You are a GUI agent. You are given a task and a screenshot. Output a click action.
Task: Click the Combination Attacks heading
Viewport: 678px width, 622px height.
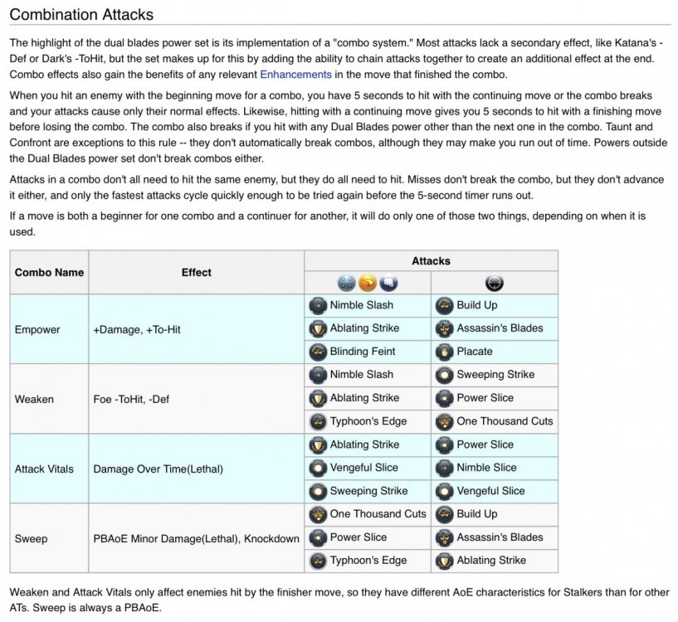(x=81, y=15)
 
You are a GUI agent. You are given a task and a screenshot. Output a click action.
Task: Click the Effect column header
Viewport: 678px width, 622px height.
(x=197, y=272)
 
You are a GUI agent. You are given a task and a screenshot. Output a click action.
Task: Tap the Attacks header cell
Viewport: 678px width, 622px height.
(x=431, y=260)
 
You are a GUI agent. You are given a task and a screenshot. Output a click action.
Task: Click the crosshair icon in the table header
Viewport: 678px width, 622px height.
(x=494, y=283)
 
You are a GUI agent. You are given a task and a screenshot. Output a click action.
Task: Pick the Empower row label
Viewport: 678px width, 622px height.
(x=37, y=329)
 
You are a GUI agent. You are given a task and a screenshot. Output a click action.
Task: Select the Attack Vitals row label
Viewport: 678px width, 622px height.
(x=44, y=469)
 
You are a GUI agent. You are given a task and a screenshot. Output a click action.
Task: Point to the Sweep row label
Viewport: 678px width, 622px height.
(x=31, y=538)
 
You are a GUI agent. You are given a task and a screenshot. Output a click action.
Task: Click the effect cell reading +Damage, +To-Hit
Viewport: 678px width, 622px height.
(x=137, y=329)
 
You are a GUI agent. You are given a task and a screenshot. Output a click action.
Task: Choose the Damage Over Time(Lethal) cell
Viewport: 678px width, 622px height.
(x=158, y=469)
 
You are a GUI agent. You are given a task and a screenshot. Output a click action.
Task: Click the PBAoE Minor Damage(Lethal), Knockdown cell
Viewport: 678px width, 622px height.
(x=196, y=538)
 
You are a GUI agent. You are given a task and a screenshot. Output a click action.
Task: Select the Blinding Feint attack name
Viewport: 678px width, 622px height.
(x=363, y=352)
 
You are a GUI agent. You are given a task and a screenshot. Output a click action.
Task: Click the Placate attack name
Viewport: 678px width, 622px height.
(x=475, y=352)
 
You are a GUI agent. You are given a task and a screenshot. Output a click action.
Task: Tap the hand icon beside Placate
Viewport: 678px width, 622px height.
(x=445, y=352)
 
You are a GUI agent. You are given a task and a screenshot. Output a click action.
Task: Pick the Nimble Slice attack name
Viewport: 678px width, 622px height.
(x=486, y=468)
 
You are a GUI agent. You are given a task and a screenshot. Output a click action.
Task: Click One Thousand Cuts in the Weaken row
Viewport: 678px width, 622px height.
(x=505, y=421)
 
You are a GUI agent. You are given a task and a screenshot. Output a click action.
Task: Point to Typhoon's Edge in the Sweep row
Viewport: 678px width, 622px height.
(x=368, y=561)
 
